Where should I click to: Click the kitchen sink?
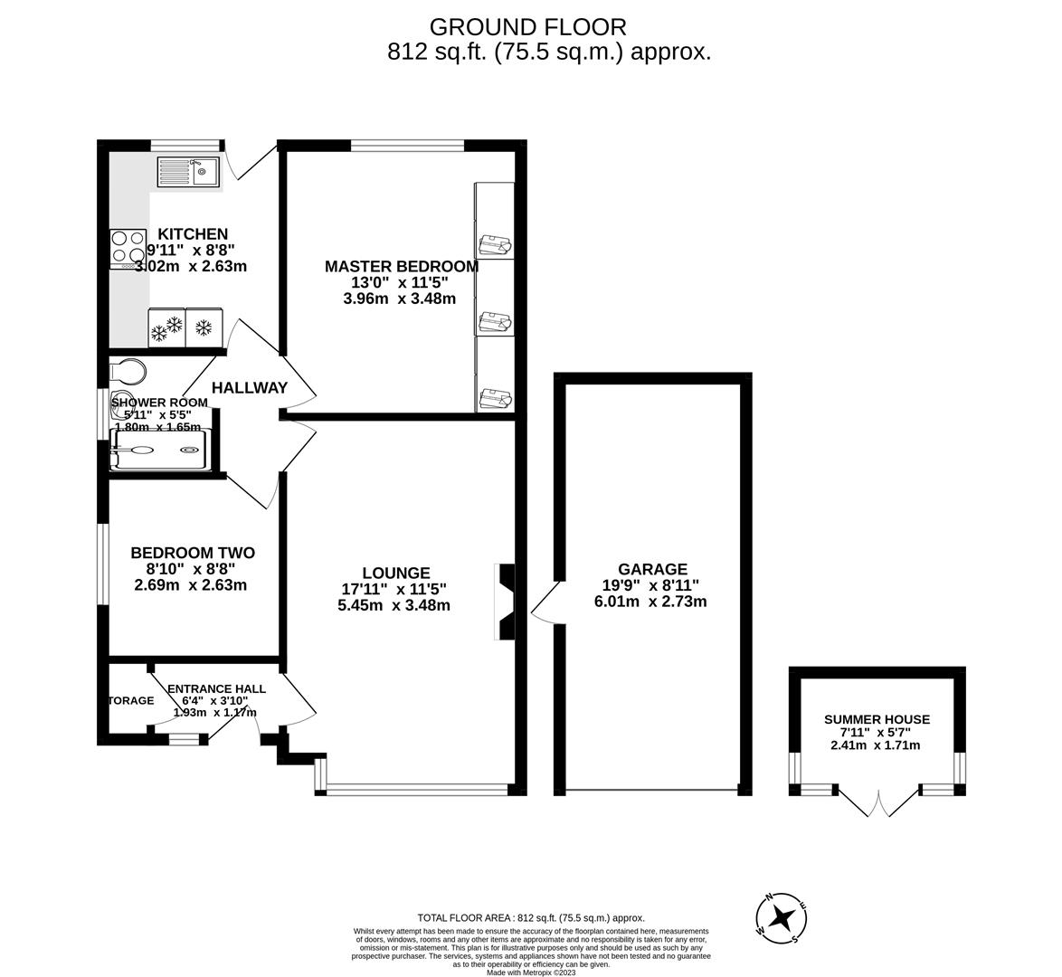pyautogui.click(x=188, y=171)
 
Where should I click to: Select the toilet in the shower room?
pyautogui.click(x=126, y=372)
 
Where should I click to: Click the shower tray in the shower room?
pyautogui.click(x=159, y=450)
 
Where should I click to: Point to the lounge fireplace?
pyautogui.click(x=506, y=602)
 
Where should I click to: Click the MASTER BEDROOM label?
pyautogui.click(x=402, y=266)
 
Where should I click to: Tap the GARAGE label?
pyautogui.click(x=652, y=569)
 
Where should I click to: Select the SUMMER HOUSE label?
pyautogui.click(x=876, y=719)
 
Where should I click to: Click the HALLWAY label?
pyautogui.click(x=249, y=387)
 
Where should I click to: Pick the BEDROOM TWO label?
pyautogui.click(x=193, y=553)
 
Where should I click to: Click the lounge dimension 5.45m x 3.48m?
pyautogui.click(x=394, y=605)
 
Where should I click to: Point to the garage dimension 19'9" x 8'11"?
pyautogui.click(x=652, y=585)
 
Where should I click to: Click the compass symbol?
pyautogui.click(x=782, y=919)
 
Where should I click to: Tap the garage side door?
pyautogui.click(x=545, y=602)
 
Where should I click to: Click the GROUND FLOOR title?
pyautogui.click(x=527, y=27)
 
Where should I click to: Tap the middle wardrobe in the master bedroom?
pyautogui.click(x=494, y=298)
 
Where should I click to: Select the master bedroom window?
pyautogui.click(x=406, y=144)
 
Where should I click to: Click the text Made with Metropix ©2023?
pyautogui.click(x=531, y=972)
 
